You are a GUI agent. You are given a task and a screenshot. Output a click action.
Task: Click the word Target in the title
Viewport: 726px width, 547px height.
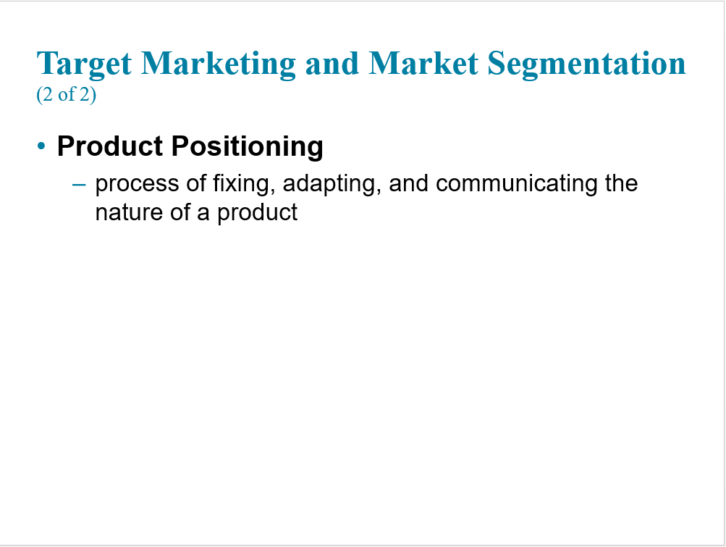tap(84, 64)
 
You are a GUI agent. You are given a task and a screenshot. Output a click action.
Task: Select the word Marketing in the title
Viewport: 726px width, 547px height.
tap(218, 64)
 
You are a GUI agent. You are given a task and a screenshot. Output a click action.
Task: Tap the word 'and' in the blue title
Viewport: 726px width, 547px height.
tap(332, 63)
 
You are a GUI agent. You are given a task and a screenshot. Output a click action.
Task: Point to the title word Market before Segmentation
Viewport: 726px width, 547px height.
tap(423, 63)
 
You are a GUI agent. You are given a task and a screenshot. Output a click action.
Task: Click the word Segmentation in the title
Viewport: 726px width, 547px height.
tap(586, 64)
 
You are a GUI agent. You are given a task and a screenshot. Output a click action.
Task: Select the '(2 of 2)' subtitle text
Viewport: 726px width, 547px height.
tap(66, 95)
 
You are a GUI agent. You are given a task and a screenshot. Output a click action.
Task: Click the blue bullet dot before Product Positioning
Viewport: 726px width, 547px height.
tap(41, 146)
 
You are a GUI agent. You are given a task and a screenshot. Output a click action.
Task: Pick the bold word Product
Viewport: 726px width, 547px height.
tap(110, 146)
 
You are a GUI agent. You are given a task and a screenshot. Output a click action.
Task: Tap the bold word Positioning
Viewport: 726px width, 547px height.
tap(248, 147)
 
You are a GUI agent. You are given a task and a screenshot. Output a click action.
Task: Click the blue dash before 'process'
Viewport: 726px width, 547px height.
tap(79, 185)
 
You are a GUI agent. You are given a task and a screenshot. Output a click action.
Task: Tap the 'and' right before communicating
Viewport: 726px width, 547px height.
tap(408, 183)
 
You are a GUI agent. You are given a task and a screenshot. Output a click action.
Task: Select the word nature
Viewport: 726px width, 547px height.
tap(129, 213)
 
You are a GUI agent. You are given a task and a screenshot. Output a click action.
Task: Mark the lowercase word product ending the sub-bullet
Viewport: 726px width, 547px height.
tap(258, 214)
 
